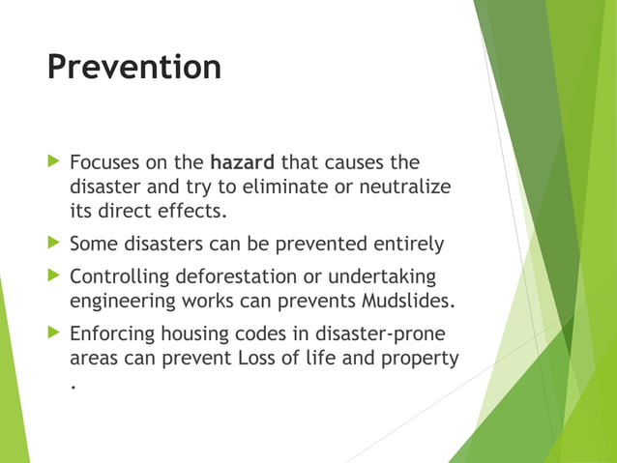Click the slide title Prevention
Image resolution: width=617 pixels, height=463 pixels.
click(x=133, y=68)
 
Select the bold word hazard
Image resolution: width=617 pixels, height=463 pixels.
click(x=243, y=160)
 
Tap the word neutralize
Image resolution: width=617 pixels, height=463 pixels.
click(x=405, y=186)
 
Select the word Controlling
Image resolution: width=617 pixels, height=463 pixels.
click(x=119, y=276)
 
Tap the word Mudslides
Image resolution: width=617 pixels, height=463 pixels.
click(x=404, y=302)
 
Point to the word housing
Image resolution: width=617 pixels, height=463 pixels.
click(x=195, y=334)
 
